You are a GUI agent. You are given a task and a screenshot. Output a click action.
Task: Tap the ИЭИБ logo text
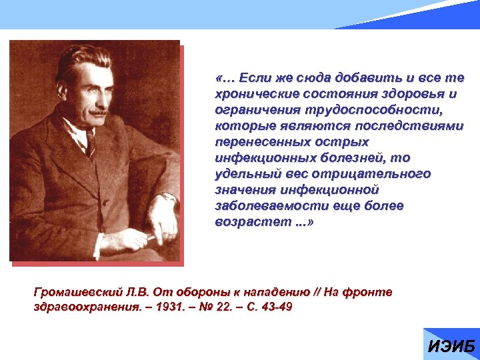click(x=451, y=347)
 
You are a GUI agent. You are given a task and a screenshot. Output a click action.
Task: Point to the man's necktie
click(x=90, y=143)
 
